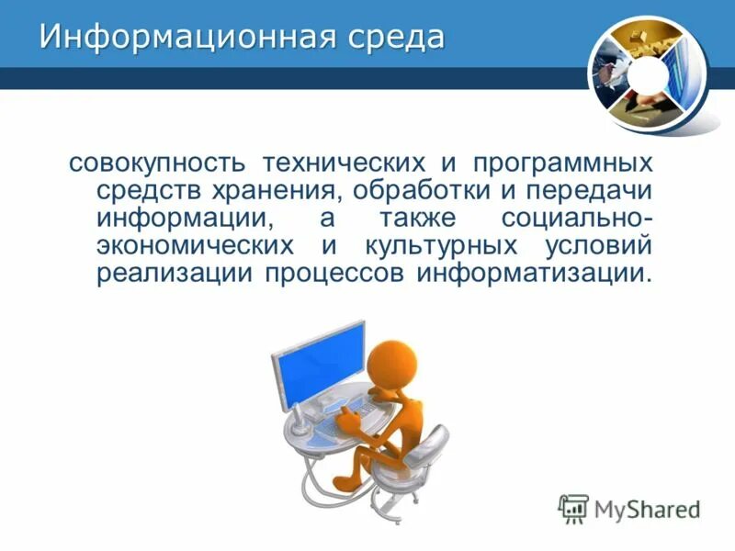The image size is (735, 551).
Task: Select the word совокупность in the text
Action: [x=156, y=165]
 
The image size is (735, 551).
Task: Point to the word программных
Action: [x=562, y=165]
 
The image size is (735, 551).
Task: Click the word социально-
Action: [x=578, y=220]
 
